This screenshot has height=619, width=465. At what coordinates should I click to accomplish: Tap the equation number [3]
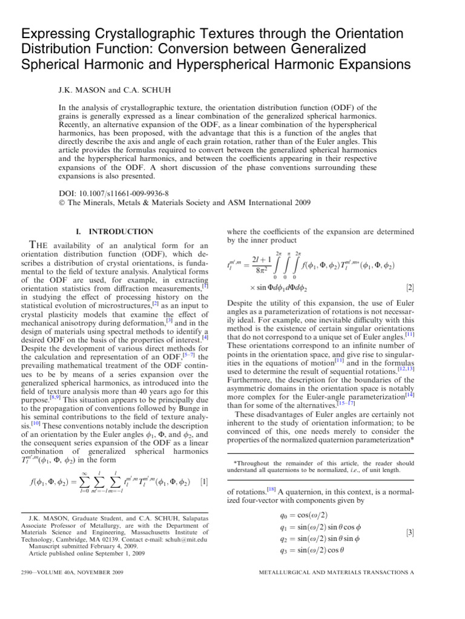click(x=410, y=533)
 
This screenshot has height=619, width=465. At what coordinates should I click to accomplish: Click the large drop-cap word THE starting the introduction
click(x=41, y=244)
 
